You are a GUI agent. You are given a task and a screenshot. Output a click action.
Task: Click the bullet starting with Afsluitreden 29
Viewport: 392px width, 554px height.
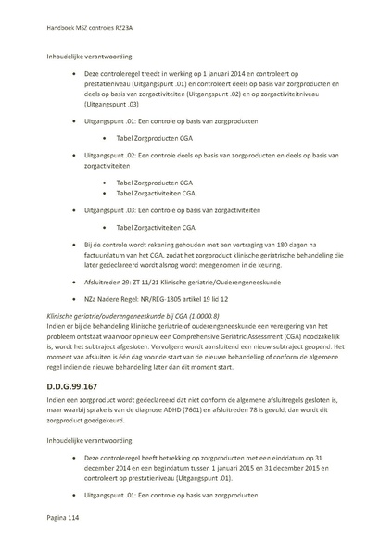click(x=168, y=279)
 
